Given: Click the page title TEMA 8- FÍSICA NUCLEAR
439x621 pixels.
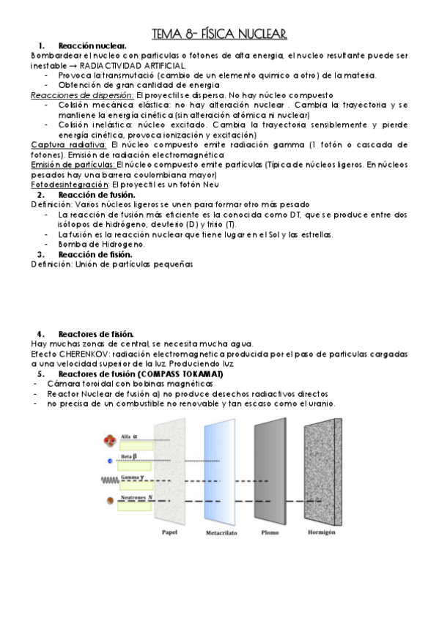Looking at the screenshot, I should point(219,34).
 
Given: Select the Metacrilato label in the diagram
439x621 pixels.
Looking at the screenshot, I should point(221,534).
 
